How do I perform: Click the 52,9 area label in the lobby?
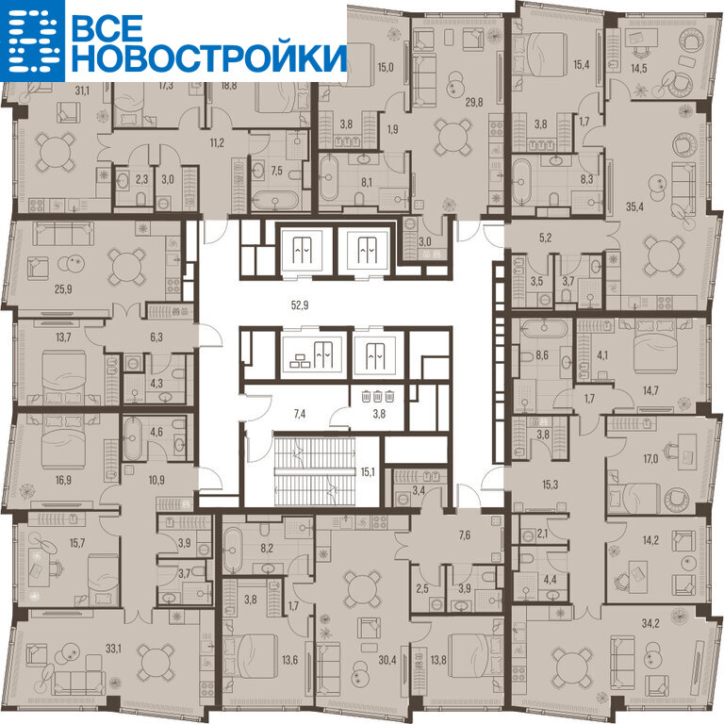pyautogui.click(x=300, y=305)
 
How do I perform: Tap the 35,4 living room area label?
pyautogui.click(x=634, y=206)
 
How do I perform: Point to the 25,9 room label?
pyautogui.click(x=63, y=289)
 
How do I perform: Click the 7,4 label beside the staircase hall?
pyautogui.click(x=300, y=414)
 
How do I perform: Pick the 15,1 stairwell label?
pyautogui.click(x=368, y=472)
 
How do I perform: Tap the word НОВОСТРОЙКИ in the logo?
pyautogui.click(x=208, y=58)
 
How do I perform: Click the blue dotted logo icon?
pyautogui.click(x=32, y=41)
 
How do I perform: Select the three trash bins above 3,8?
pyautogui.click(x=378, y=396)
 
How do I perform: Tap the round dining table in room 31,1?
pyautogui.click(x=56, y=152)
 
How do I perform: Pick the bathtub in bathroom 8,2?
pyautogui.click(x=233, y=551)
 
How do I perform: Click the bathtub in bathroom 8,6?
pyautogui.click(x=544, y=330)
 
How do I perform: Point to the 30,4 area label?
pyautogui.click(x=387, y=660)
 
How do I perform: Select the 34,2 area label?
pyautogui.click(x=650, y=623)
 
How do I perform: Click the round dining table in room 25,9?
pyautogui.click(x=125, y=267)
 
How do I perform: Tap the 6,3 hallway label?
pyautogui.click(x=156, y=337)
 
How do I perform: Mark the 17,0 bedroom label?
pyautogui.click(x=650, y=459)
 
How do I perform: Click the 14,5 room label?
pyautogui.click(x=639, y=68)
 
